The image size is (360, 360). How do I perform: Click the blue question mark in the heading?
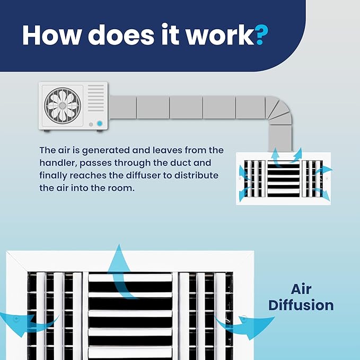[x=261, y=35]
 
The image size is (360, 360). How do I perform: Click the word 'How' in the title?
[x=52, y=35]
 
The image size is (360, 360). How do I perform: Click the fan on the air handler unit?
[x=63, y=106]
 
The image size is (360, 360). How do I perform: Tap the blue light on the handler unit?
[x=100, y=124]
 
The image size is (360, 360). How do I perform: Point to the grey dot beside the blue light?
[x=91, y=125]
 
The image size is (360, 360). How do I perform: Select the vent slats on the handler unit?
[x=96, y=98]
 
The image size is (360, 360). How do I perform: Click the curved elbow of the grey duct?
[x=279, y=111]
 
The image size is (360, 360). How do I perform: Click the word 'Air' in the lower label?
[x=301, y=289]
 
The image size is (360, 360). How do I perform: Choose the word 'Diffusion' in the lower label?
[x=301, y=305]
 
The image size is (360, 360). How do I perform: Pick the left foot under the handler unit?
[x=47, y=131]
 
